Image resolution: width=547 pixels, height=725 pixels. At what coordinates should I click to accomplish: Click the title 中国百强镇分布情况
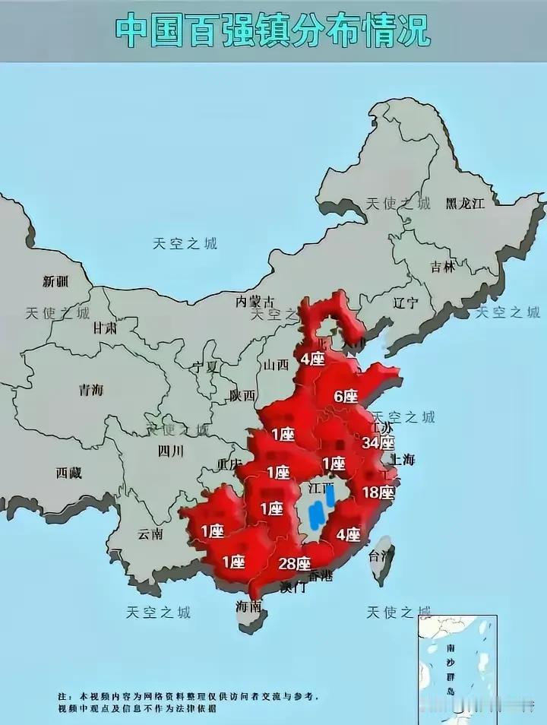click(x=273, y=31)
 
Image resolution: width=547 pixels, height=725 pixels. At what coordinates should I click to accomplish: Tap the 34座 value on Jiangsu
click(x=378, y=442)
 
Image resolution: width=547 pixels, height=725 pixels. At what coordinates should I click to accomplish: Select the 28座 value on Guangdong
click(x=294, y=563)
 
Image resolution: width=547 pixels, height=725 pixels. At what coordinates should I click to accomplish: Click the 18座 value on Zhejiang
click(x=378, y=492)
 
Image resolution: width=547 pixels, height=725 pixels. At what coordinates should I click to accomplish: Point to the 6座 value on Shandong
click(x=346, y=396)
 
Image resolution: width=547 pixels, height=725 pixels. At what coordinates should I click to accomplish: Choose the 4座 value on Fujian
click(x=349, y=534)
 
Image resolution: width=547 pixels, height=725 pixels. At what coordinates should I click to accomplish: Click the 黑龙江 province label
click(x=465, y=203)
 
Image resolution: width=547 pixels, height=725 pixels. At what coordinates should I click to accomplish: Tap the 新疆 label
click(x=55, y=281)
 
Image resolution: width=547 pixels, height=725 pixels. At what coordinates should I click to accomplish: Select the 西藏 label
click(x=68, y=472)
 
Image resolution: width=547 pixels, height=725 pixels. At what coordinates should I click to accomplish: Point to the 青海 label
click(x=91, y=390)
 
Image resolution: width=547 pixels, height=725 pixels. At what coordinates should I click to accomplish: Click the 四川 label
click(x=171, y=451)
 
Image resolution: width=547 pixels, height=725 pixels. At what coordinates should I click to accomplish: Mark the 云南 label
click(x=150, y=533)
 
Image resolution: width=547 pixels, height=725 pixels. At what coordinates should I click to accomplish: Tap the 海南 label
click(x=248, y=606)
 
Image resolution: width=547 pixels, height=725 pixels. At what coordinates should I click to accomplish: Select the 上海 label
click(x=403, y=459)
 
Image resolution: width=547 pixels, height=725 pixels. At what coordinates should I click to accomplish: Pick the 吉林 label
click(x=442, y=267)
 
